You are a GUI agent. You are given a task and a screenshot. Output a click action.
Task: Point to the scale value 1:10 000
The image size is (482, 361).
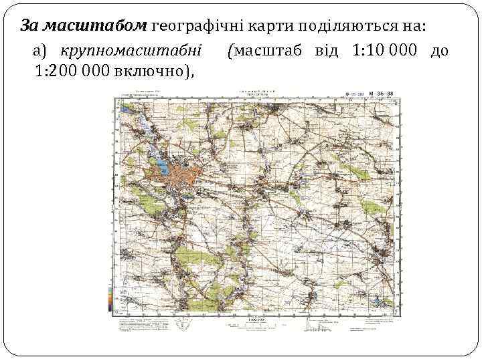click(384, 50)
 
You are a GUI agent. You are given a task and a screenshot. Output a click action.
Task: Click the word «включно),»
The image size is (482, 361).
click(158, 72)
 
